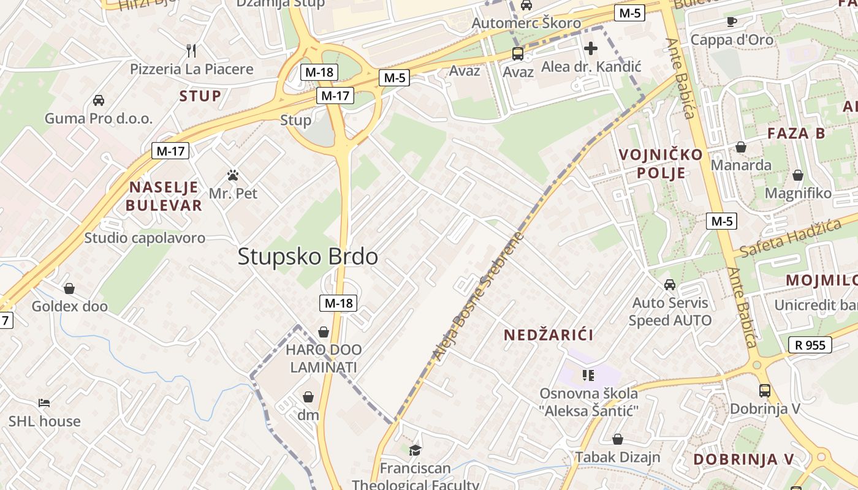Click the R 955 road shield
tap(810, 345)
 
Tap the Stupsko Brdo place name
tap(308, 257)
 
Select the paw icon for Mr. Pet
tap(233, 175)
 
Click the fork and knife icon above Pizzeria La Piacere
tap(191, 50)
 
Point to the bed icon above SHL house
tap(44, 403)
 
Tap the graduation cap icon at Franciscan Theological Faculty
tap(416, 450)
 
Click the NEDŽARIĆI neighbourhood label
tap(549, 335)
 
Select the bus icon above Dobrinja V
tap(765, 390)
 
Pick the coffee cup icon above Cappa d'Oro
tap(731, 22)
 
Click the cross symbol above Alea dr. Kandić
tap(591, 48)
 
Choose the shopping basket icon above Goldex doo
tap(69, 288)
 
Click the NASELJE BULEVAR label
tap(164, 196)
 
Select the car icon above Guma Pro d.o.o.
tap(98, 100)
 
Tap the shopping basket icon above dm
tap(308, 397)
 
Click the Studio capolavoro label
tap(145, 238)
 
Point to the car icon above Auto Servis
tap(670, 285)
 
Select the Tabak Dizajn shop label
tap(617, 457)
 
